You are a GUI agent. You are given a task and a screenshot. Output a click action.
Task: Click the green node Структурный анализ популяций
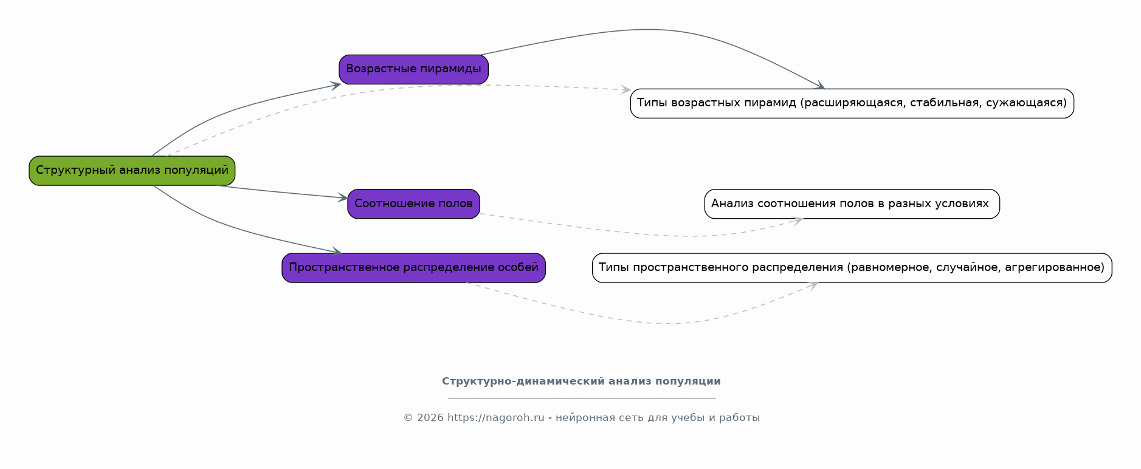tap(132, 171)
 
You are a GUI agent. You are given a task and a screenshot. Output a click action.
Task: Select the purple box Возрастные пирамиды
tap(413, 69)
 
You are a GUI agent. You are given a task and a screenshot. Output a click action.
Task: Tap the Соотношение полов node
tap(413, 204)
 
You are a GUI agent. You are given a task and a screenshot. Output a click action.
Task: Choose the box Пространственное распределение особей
tap(413, 268)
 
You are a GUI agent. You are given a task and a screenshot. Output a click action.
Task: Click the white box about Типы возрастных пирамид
tap(852, 103)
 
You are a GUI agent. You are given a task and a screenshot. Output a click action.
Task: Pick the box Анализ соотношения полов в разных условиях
tap(852, 204)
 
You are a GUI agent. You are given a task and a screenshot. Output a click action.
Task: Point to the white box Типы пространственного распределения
tap(852, 268)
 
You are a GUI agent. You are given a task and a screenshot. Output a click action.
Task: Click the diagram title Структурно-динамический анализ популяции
tap(581, 382)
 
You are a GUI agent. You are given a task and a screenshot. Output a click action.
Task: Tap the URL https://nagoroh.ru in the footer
tap(496, 418)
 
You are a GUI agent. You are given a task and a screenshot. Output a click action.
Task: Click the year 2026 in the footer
tap(430, 418)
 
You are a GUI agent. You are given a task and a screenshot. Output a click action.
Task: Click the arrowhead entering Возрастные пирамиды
tap(336, 86)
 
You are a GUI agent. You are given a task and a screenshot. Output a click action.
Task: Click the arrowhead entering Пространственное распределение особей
tap(336, 252)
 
